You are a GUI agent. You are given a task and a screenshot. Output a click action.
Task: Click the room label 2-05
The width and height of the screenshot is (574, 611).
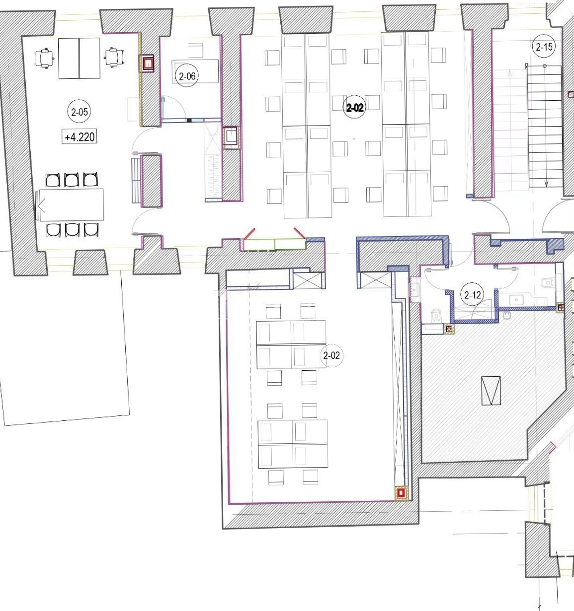point(80,112)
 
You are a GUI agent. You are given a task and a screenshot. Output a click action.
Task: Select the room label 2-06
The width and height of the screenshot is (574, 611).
point(187,76)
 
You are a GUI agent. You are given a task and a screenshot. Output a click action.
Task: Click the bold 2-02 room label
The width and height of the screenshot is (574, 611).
point(355,108)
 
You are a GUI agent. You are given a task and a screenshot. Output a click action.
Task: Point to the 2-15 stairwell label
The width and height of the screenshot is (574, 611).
point(544,47)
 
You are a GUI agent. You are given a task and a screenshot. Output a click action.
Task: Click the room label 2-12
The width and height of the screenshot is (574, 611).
point(472,295)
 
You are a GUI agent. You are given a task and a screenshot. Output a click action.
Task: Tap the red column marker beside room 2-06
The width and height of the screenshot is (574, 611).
point(148,64)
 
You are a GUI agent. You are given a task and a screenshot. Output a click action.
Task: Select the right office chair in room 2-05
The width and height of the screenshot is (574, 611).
point(114,57)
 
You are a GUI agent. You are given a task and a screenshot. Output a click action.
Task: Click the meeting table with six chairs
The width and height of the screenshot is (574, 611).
point(71,205)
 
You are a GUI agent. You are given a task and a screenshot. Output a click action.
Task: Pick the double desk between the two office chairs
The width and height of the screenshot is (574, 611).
point(79,58)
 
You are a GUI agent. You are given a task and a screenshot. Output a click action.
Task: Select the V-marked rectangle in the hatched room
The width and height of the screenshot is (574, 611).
point(491,391)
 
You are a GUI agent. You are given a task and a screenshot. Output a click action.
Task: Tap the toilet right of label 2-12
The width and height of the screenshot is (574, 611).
point(547,282)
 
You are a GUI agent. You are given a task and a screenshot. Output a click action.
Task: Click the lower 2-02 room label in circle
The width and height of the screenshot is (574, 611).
point(331,355)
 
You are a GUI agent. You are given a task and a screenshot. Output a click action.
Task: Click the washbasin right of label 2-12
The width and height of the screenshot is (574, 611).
point(516,300)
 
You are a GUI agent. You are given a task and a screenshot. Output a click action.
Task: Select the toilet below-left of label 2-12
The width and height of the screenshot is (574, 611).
point(436,315)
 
